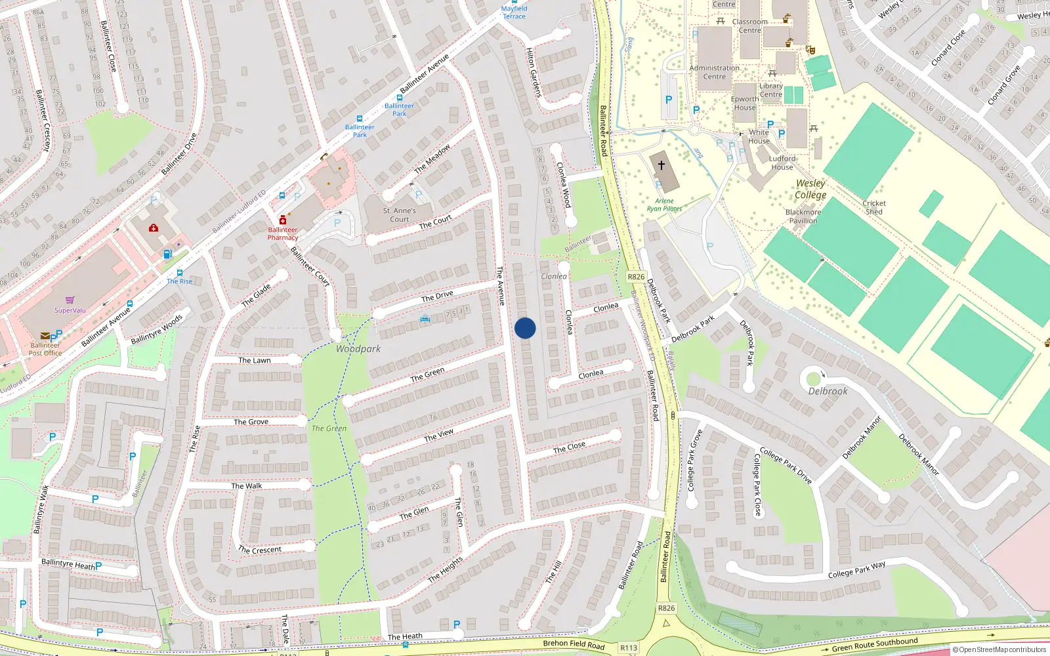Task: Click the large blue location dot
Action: point(525,328)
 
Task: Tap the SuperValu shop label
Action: point(70,310)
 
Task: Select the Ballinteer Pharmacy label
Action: point(283,234)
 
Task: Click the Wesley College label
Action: point(810,189)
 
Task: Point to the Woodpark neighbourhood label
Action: point(358,349)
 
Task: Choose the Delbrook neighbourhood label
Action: point(828,391)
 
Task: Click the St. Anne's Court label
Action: point(400,215)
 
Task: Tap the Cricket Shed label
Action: point(874,207)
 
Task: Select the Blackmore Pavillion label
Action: point(803,216)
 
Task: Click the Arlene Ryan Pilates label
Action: point(664,205)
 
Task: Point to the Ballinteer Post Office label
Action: point(45,349)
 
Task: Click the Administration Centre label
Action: point(715,72)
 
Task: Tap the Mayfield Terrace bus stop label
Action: point(514,12)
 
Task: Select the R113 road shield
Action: point(629,647)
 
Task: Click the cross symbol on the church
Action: point(661,165)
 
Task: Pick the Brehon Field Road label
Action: point(574,644)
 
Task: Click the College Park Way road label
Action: point(856,569)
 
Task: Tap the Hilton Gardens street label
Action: point(534,72)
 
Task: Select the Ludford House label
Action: point(782,163)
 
